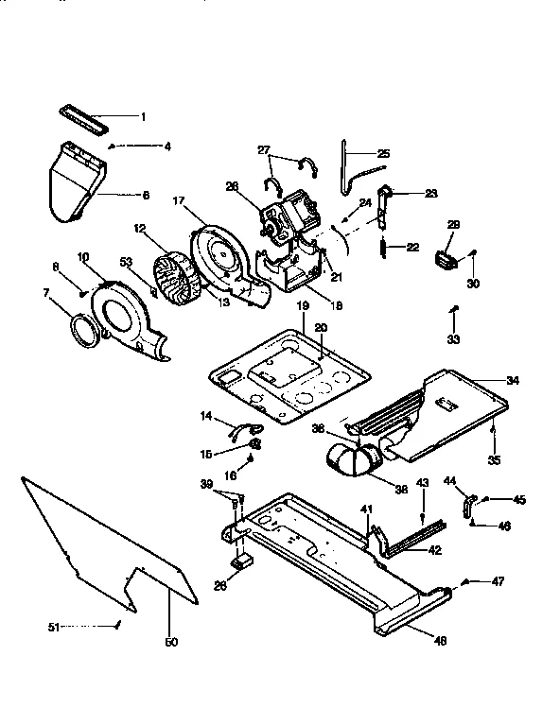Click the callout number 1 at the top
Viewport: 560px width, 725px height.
tap(143, 117)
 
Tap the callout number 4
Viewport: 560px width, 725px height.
tap(166, 147)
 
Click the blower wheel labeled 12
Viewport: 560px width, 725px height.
tap(177, 278)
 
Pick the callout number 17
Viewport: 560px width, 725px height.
tap(178, 200)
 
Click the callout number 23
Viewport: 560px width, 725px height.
tap(430, 193)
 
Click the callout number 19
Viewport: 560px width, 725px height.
tap(303, 306)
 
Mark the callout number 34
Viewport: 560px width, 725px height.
tap(512, 381)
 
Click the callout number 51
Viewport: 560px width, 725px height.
tap(53, 626)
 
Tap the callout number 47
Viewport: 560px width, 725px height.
tap(498, 581)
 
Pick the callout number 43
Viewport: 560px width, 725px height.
tap(423, 484)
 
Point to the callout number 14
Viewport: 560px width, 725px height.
tap(207, 416)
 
